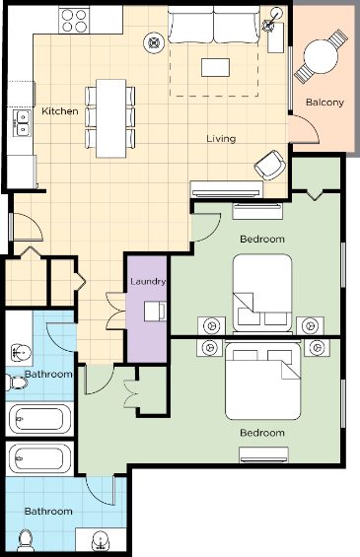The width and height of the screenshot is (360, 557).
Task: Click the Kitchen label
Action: (x=60, y=111)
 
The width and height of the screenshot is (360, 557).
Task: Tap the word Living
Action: (x=221, y=139)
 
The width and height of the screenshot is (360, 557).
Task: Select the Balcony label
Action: (x=324, y=103)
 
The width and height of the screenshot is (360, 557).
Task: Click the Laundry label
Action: (x=148, y=282)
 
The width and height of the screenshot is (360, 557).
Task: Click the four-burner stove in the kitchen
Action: (x=74, y=21)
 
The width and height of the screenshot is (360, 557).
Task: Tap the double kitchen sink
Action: (x=22, y=123)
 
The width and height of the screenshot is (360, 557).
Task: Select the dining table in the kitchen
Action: (x=110, y=118)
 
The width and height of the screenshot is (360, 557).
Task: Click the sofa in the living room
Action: (x=214, y=25)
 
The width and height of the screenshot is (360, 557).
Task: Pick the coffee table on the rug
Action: (x=215, y=67)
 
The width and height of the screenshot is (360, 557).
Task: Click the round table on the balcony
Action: (x=321, y=56)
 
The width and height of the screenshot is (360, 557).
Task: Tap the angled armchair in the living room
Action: (x=270, y=166)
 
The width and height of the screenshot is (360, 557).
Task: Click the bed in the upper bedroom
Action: (x=262, y=294)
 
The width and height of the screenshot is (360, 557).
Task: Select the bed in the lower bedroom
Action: (x=263, y=380)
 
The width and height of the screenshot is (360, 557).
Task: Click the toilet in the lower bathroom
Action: (x=26, y=540)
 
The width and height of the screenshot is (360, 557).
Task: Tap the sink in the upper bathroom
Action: (x=21, y=353)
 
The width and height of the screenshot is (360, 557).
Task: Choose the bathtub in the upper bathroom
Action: (x=39, y=419)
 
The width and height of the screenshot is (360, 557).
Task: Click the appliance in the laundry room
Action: (x=155, y=312)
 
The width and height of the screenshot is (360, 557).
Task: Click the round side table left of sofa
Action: (x=154, y=43)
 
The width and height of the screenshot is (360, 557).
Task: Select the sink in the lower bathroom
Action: (x=101, y=541)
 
